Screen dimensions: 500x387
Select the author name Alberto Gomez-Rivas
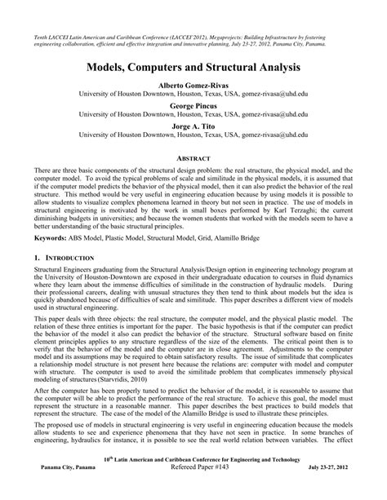point(193,84)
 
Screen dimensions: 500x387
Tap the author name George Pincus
point(193,105)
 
